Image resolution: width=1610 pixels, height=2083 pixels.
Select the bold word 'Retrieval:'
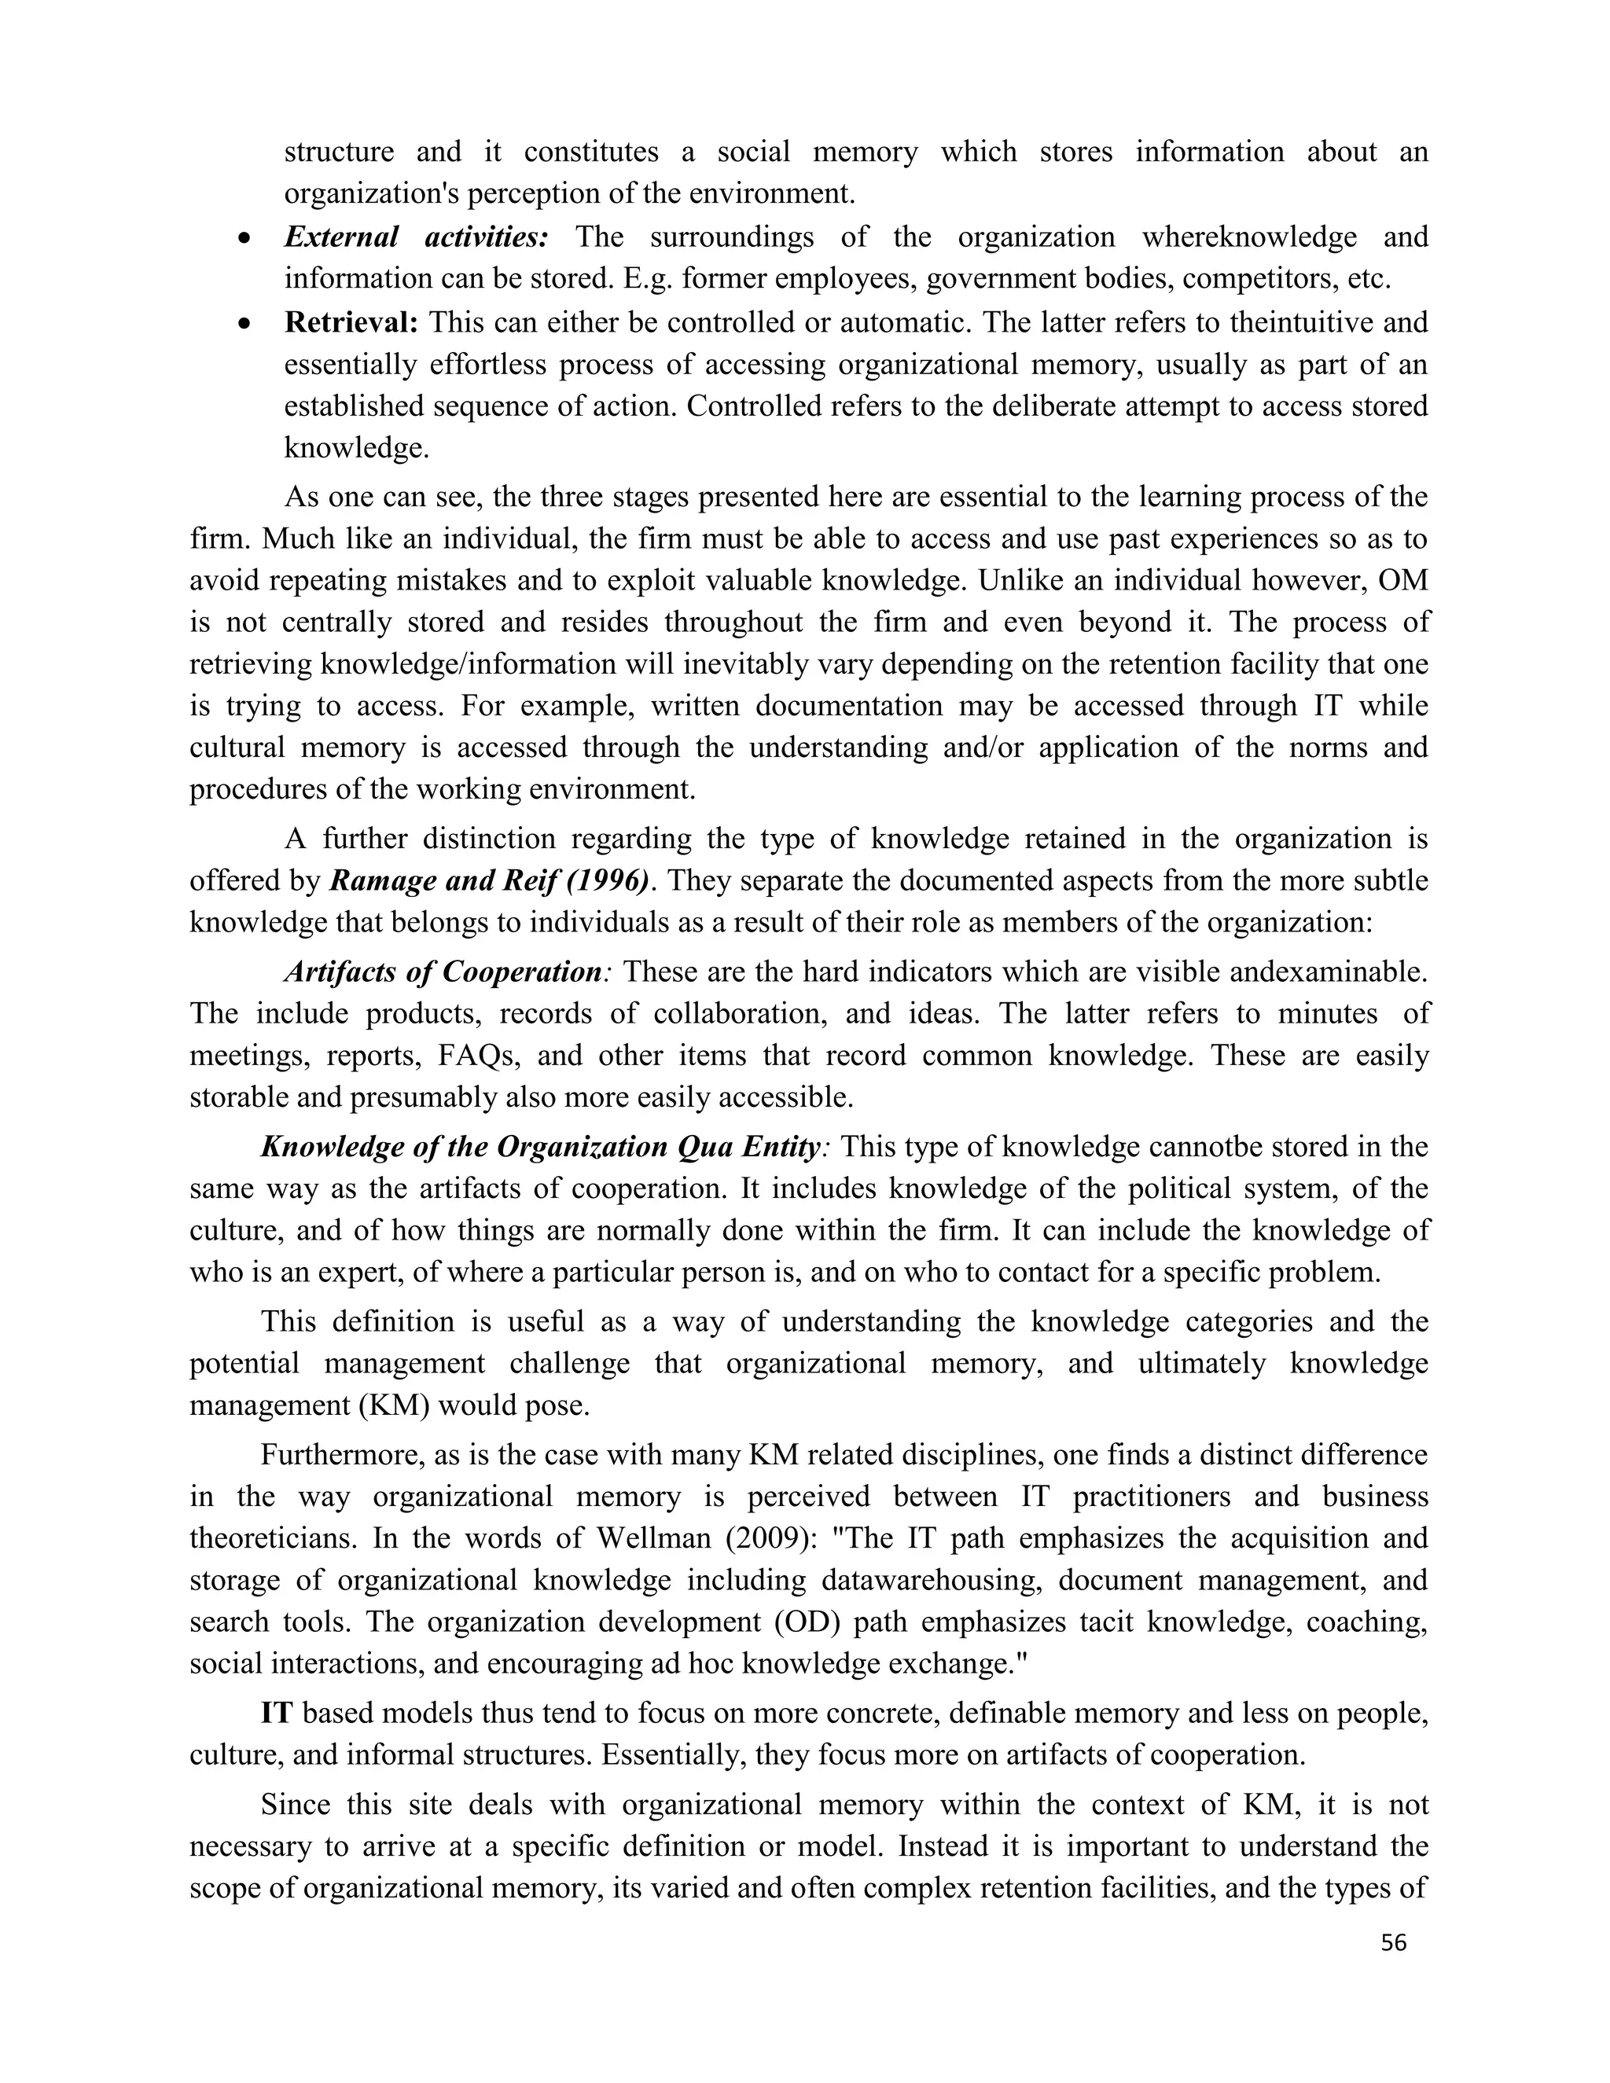tap(351, 322)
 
